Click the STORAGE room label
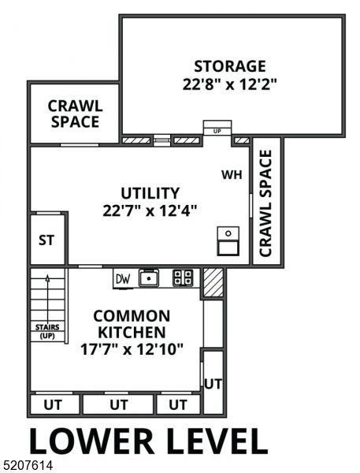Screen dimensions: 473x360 click(230, 65)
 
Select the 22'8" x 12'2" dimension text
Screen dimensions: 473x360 click(230, 83)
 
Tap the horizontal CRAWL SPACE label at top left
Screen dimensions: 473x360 click(74, 114)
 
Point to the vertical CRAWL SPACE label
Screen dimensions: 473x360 click(265, 203)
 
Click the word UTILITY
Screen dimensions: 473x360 click(150, 193)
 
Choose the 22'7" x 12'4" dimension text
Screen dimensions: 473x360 click(150, 210)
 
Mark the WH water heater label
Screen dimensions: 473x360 click(231, 174)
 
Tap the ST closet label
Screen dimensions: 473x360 click(46, 240)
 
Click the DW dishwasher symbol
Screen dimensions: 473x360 click(122, 277)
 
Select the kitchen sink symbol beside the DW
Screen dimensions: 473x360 click(149, 277)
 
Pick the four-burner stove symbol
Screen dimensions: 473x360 click(183, 277)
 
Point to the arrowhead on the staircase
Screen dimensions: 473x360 click(46, 277)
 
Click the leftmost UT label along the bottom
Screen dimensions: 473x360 click(55, 405)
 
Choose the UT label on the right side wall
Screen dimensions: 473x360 click(212, 384)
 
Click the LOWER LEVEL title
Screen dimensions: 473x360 click(148, 440)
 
